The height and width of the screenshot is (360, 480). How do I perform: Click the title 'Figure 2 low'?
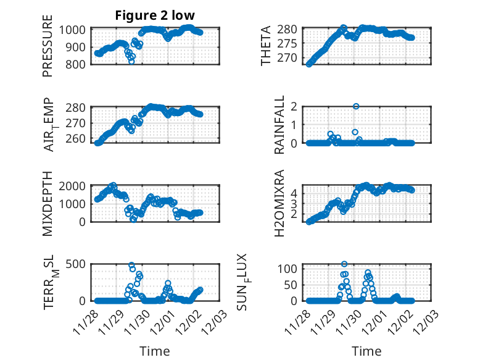pyautogui.click(x=155, y=15)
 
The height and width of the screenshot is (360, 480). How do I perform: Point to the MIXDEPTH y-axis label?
pyautogui.click(x=48, y=204)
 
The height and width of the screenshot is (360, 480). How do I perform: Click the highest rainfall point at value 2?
pyautogui.click(x=356, y=106)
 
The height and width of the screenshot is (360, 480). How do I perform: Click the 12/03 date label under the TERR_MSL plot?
pyautogui.click(x=211, y=316)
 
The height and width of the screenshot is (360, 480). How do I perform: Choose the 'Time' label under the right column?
pyautogui.click(x=366, y=351)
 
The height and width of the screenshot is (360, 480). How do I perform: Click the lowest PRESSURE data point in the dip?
pyautogui.click(x=131, y=61)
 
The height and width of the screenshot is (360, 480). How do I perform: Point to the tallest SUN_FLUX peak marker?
pyautogui.click(x=344, y=264)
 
